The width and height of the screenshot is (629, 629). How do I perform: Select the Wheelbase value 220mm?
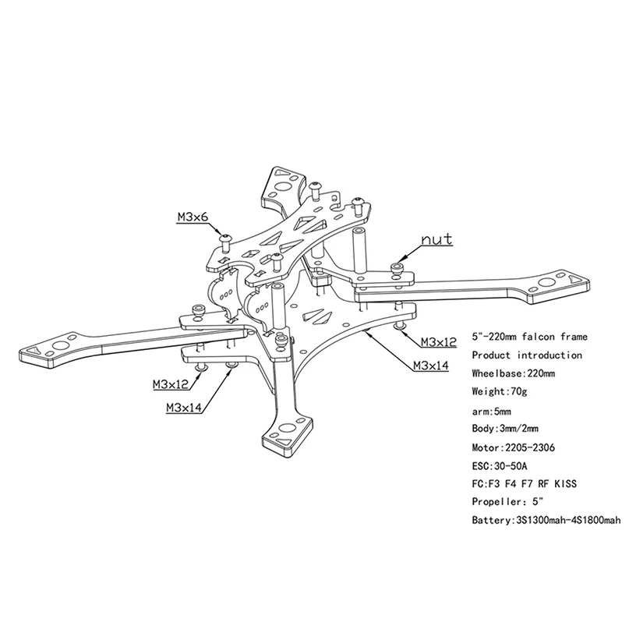(539, 374)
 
